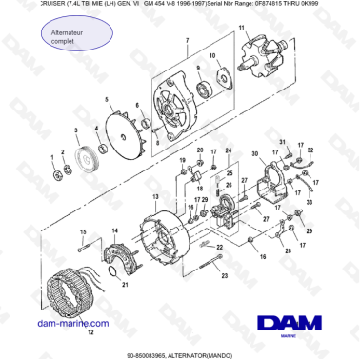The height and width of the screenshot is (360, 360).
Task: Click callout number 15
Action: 82,232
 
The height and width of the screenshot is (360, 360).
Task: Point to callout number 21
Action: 124,284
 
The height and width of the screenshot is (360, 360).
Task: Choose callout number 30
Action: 253,153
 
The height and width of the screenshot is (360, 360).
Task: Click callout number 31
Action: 283,143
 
